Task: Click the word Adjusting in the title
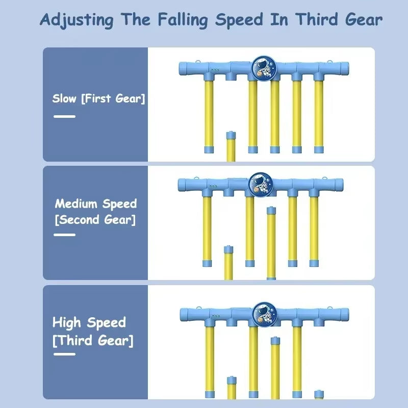tap(76, 20)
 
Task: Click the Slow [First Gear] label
tap(98, 98)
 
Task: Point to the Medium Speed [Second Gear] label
tap(96, 212)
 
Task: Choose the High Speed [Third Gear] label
tap(92, 331)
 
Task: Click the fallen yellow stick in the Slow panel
tap(231, 146)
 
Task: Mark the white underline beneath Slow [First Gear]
tap(64, 116)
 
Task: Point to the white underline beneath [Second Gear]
tap(64, 235)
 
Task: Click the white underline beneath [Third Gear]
tap(64, 354)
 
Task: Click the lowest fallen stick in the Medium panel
tap(228, 262)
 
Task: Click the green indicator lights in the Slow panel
tap(215, 70)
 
